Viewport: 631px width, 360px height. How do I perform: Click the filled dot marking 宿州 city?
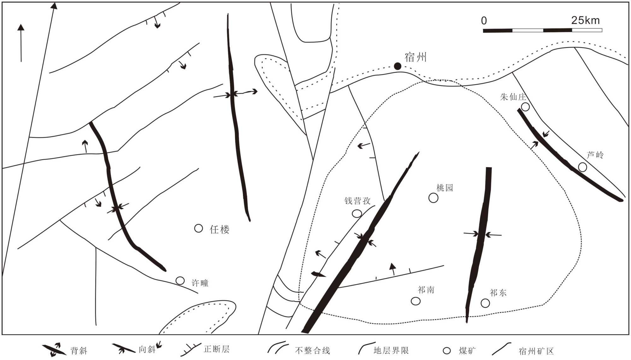pyautogui.click(x=398, y=66)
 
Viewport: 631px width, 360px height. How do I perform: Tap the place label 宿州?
pyautogui.click(x=416, y=57)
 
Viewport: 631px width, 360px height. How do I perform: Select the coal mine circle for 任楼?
pyautogui.click(x=198, y=228)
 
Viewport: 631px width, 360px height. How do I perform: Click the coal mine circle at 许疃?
pyautogui.click(x=180, y=280)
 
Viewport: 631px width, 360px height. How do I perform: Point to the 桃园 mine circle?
pyautogui.click(x=433, y=198)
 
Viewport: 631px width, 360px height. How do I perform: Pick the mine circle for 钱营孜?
pyautogui.click(x=357, y=214)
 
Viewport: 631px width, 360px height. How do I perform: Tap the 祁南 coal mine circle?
pyautogui.click(x=416, y=301)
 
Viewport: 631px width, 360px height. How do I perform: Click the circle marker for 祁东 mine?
pyautogui.click(x=485, y=303)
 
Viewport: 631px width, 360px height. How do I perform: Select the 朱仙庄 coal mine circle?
pyautogui.click(x=525, y=107)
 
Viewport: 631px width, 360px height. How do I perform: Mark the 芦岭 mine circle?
pyautogui.click(x=582, y=167)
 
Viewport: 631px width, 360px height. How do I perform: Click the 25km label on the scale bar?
pyautogui.click(x=585, y=20)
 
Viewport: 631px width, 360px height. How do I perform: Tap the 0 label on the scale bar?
pyautogui.click(x=484, y=21)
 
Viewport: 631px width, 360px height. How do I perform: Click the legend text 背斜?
pyautogui.click(x=79, y=351)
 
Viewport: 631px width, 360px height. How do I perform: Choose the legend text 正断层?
pyautogui.click(x=216, y=349)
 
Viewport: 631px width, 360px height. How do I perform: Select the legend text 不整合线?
pyautogui.click(x=312, y=351)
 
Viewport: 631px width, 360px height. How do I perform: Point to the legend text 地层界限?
pyautogui.click(x=391, y=351)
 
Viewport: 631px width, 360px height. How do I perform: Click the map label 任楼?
pyautogui.click(x=220, y=229)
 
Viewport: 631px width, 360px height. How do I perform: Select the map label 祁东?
pyautogui.click(x=498, y=293)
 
